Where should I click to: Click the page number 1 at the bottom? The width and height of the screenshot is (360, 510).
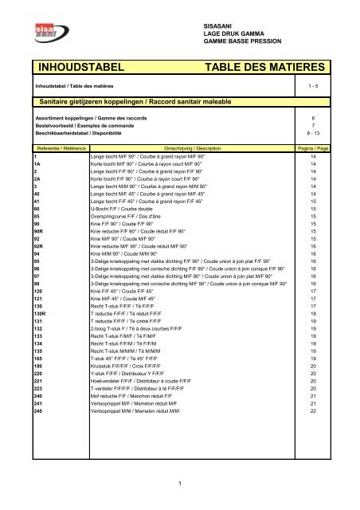click(180, 482)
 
